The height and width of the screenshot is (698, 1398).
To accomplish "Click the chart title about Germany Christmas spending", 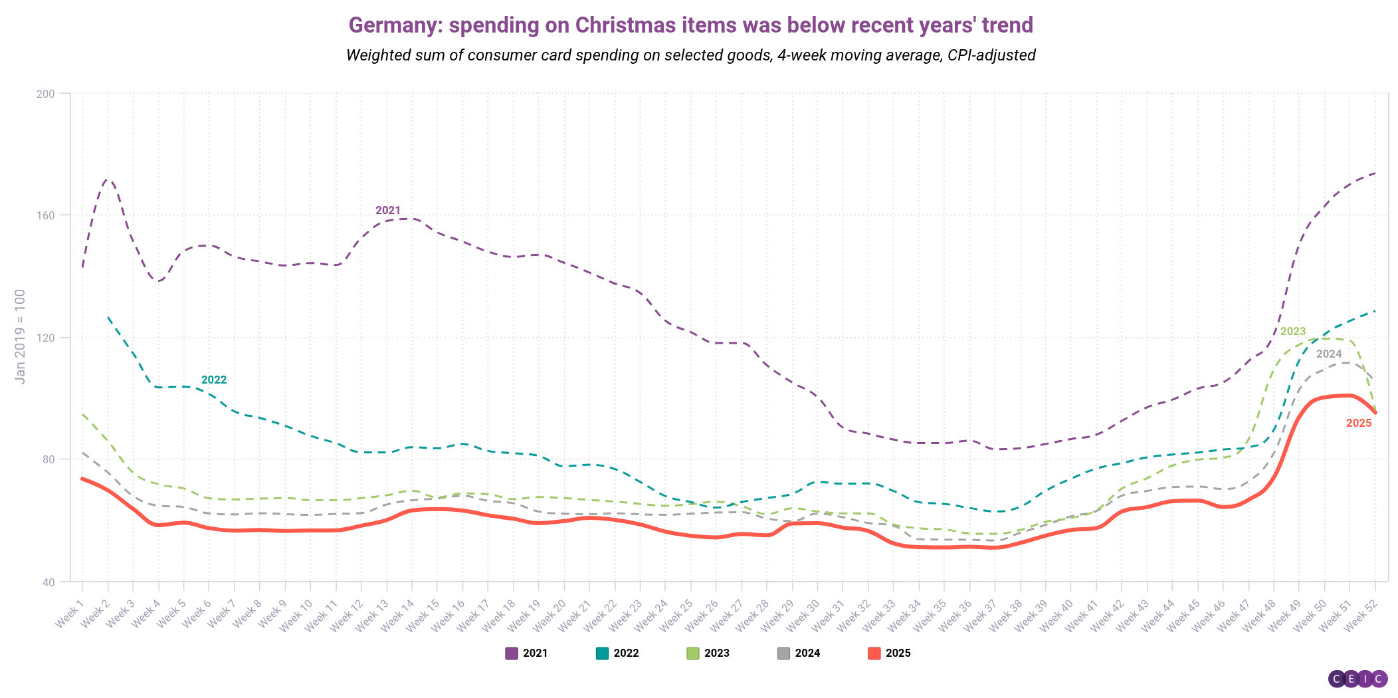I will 690,25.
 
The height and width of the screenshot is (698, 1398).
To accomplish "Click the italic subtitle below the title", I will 690,55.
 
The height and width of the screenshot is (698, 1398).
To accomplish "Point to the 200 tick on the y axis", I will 45,94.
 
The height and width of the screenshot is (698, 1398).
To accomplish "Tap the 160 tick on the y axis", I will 45,215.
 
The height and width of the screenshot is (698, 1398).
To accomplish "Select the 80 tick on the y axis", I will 47,459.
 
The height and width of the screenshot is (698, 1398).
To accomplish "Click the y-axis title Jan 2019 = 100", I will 20,336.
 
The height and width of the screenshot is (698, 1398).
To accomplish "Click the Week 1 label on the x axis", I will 70,612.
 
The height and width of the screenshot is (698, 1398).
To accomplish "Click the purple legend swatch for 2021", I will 511,653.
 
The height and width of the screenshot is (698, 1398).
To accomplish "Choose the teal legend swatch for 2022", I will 602,653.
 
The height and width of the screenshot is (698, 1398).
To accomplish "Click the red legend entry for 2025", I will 890,653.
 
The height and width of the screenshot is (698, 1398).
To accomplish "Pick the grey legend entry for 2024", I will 799,653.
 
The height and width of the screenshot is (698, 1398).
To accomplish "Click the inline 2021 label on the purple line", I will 388,211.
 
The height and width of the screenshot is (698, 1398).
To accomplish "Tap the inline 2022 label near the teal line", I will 214,380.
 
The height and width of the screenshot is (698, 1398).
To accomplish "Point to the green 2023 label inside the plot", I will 1293,332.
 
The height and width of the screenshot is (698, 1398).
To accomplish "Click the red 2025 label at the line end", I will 1359,423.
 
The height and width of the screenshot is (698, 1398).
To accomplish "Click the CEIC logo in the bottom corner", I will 1357,679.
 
